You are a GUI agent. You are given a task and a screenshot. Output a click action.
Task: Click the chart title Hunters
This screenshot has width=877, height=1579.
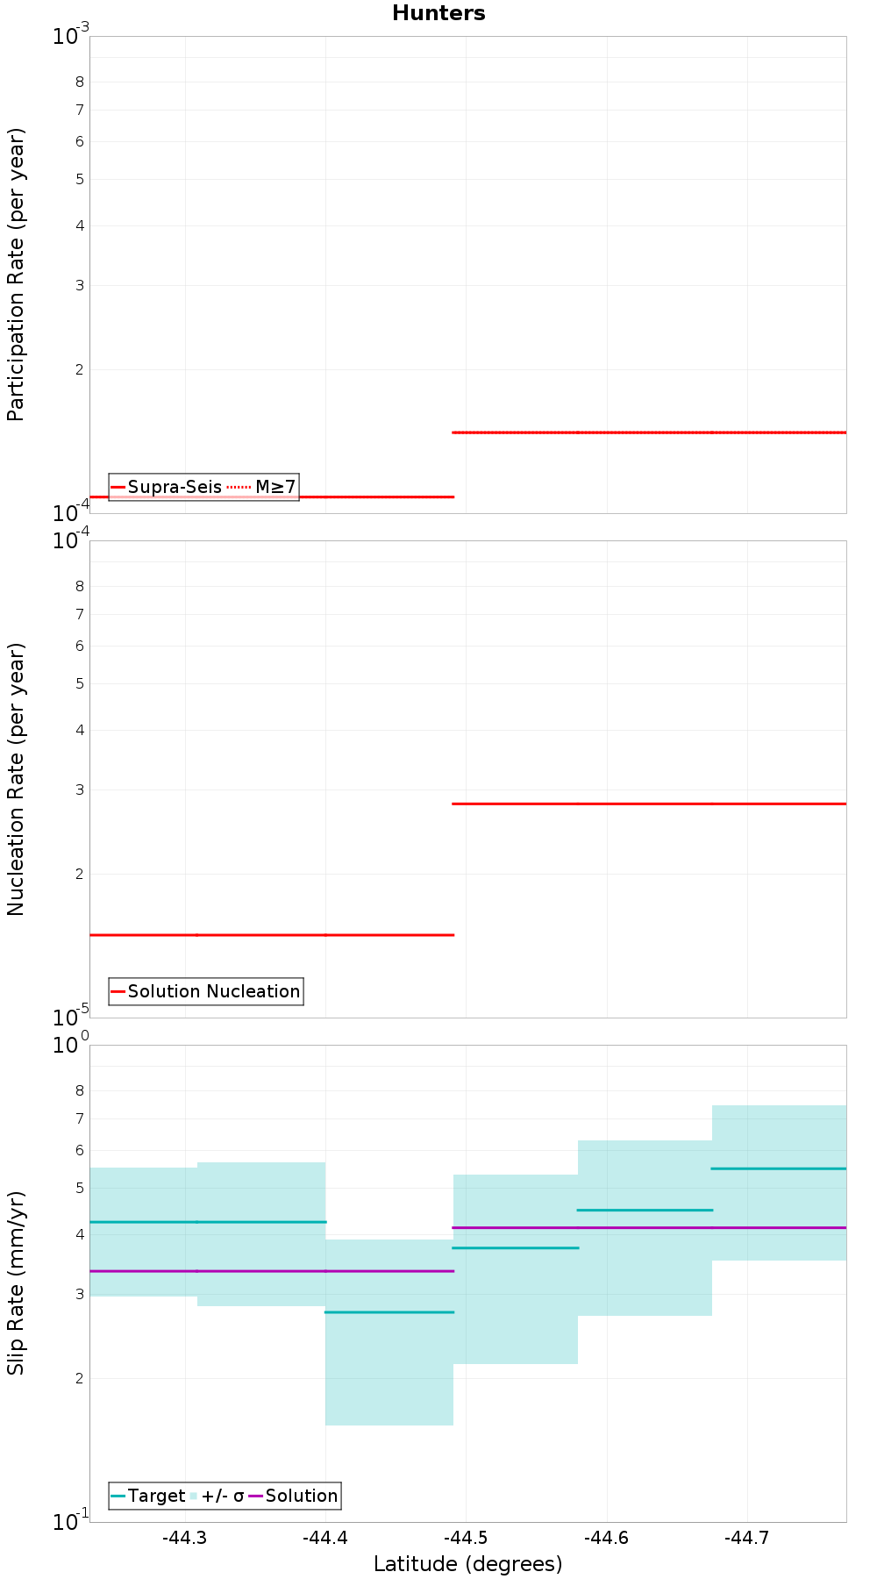pyautogui.click(x=438, y=13)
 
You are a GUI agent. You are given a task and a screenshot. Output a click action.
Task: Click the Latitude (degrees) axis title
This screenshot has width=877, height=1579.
pyautogui.click(x=467, y=1564)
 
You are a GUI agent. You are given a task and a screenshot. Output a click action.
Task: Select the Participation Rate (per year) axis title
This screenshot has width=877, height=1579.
pyautogui.click(x=16, y=275)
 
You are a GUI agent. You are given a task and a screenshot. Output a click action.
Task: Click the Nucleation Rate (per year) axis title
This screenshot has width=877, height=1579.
pyautogui.click(x=16, y=779)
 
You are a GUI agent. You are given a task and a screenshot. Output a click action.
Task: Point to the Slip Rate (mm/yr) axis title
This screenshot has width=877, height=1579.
pyautogui.click(x=16, y=1282)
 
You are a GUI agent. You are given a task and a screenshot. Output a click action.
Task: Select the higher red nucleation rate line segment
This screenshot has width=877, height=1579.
pyautogui.click(x=649, y=804)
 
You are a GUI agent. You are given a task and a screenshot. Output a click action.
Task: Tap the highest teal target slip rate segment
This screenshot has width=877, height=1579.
pyautogui.click(x=779, y=1168)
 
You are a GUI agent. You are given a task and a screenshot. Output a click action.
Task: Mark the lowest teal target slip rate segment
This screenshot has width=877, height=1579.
pyautogui.click(x=389, y=1311)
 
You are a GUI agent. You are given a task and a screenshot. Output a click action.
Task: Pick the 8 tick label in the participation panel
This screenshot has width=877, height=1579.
pyautogui.click(x=80, y=82)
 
